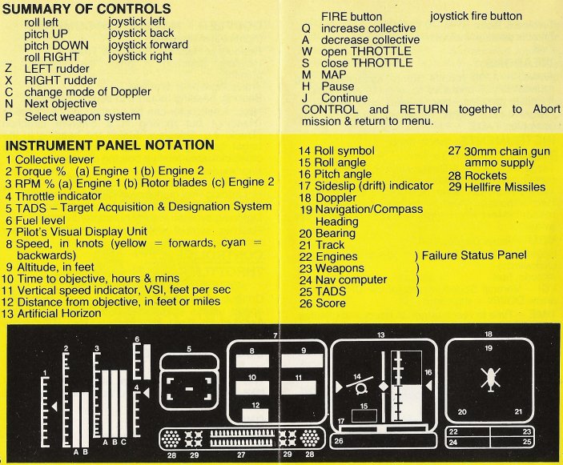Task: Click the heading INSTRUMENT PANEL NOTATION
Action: click(110, 145)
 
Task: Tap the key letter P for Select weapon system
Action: click(7, 117)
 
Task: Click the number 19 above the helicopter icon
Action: click(487, 348)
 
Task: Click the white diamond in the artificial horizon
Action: click(384, 387)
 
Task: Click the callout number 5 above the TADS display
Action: click(187, 349)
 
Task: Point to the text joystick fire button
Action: click(476, 16)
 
